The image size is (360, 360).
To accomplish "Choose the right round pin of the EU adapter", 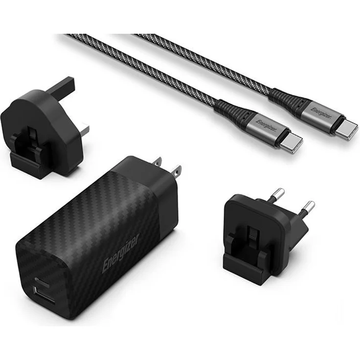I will [x=308, y=206].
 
